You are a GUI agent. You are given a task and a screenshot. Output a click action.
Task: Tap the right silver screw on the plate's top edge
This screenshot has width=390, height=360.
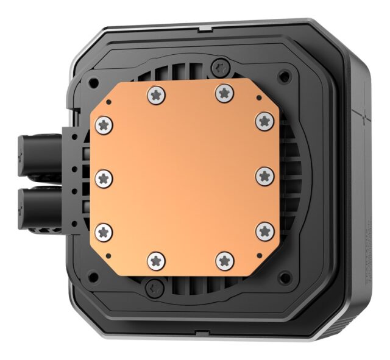(x=224, y=93)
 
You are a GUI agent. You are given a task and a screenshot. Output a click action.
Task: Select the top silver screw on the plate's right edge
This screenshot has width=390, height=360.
(x=264, y=121)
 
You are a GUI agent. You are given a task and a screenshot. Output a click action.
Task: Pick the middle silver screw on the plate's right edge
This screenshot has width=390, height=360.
(x=264, y=177)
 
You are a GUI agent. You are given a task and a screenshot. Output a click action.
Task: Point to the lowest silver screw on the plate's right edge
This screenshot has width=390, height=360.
(x=264, y=231)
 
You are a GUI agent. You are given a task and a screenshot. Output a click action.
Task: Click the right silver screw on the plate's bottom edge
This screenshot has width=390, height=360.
(x=224, y=260)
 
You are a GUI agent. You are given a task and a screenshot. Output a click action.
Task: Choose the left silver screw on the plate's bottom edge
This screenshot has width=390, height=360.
(x=157, y=261)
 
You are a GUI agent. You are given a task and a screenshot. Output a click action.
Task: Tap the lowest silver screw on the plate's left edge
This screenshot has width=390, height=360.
(x=105, y=231)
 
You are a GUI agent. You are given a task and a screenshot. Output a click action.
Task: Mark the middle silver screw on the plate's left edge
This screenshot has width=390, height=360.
(x=105, y=178)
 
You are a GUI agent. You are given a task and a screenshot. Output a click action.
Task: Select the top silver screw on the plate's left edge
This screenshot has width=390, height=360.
(x=105, y=125)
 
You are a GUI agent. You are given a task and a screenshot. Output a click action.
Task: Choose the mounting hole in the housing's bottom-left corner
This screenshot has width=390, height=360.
(x=93, y=275)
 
